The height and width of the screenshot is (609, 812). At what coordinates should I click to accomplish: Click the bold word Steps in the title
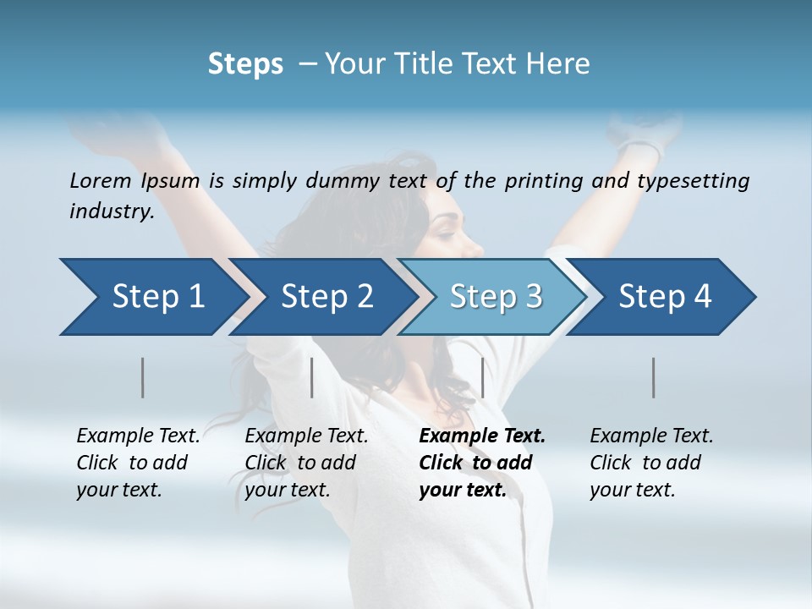pyautogui.click(x=245, y=64)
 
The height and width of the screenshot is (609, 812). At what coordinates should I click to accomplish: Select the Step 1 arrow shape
pyautogui.click(x=152, y=297)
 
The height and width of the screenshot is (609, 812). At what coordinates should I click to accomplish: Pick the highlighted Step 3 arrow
pyautogui.click(x=496, y=297)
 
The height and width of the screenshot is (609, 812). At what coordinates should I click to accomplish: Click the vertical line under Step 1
pyautogui.click(x=142, y=377)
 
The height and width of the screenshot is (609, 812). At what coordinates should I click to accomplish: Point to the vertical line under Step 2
pyautogui.click(x=312, y=377)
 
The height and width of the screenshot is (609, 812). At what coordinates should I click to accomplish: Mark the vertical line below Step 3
pyautogui.click(x=482, y=377)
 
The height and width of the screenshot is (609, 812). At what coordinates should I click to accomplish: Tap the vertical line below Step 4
pyautogui.click(x=654, y=377)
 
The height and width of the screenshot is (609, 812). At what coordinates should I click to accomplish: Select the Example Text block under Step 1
pyautogui.click(x=138, y=463)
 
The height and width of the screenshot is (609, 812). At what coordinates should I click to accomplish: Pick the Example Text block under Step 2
pyautogui.click(x=306, y=463)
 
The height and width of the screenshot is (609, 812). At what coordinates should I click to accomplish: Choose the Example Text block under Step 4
pyautogui.click(x=651, y=463)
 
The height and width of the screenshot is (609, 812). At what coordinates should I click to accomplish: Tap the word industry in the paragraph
pyautogui.click(x=111, y=211)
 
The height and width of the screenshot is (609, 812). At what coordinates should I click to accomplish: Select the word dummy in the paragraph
pyautogui.click(x=333, y=181)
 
